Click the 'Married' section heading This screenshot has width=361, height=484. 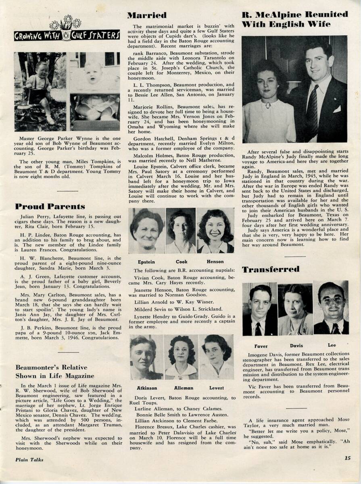pyautogui.click(x=147, y=16)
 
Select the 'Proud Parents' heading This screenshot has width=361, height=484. pyautogui.click(x=50, y=207)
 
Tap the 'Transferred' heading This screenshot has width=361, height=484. pyautogui.click(x=271, y=269)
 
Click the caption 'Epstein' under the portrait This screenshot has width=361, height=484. pyautogui.click(x=146, y=262)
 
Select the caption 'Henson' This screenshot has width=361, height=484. pyautogui.click(x=215, y=262)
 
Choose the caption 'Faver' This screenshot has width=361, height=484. pyautogui.click(x=261, y=346)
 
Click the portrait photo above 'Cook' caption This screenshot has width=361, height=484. pyautogui.click(x=181, y=231)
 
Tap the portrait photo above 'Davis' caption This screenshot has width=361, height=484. pyautogui.click(x=295, y=309)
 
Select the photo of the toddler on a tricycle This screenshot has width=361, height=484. pyautogui.click(x=40, y=92)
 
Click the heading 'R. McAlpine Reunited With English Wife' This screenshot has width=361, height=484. pyautogui.click(x=294, y=19)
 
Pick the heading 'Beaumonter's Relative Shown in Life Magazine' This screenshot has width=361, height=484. pyautogui.click(x=55, y=371)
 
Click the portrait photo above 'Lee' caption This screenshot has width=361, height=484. pyautogui.click(x=331, y=309)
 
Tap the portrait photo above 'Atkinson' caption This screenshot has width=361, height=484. pyautogui.click(x=146, y=357)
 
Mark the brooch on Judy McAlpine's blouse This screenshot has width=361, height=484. pyautogui.click(x=267, y=105)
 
